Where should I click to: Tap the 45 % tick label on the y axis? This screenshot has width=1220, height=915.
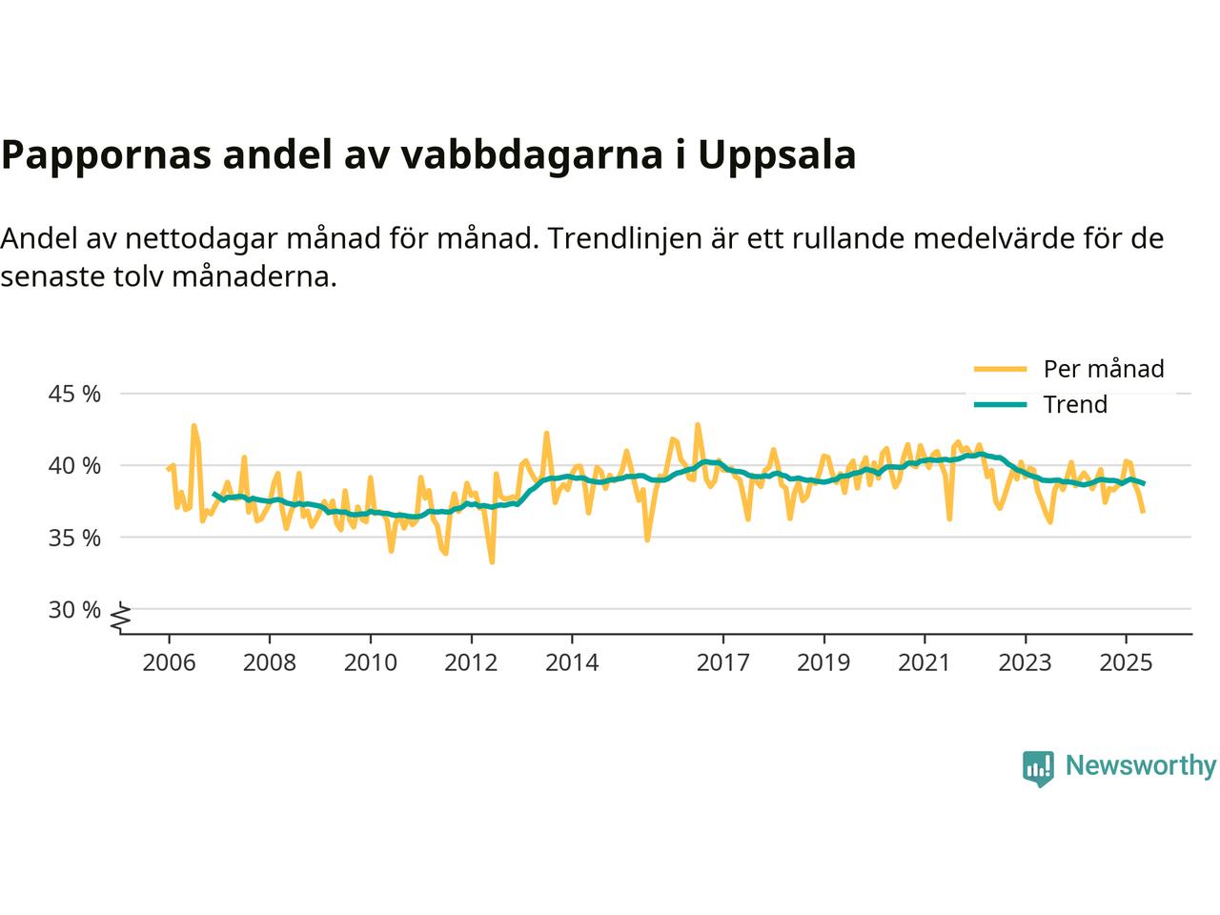[74, 394]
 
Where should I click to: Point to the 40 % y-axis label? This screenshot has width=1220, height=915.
[74, 466]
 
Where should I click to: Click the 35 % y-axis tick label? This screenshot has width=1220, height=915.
[74, 538]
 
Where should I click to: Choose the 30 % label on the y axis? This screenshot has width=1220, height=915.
[74, 609]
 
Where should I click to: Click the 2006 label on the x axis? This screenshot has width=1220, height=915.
[169, 662]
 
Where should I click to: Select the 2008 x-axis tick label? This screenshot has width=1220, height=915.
[270, 662]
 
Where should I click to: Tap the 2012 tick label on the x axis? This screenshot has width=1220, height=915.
[471, 662]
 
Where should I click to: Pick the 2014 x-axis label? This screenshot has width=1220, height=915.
[572, 662]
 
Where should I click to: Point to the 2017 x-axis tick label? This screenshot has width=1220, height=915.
[722, 662]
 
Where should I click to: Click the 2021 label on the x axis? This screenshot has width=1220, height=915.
[924, 662]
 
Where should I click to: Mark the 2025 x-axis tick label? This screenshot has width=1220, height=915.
[1126, 662]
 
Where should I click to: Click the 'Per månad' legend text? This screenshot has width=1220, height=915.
[1104, 369]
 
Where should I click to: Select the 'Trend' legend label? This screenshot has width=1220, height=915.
[1075, 405]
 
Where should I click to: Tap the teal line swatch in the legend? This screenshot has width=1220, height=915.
[1000, 405]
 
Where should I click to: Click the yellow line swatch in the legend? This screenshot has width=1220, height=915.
[1000, 369]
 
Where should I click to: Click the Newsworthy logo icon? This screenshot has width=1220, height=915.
[1038, 767]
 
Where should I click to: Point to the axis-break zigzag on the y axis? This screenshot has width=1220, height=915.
[120, 620]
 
